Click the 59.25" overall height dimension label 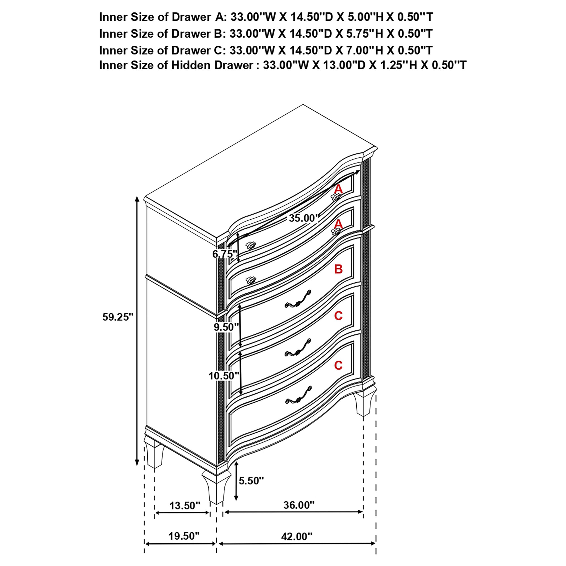tap(118, 317)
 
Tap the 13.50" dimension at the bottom tap(185, 506)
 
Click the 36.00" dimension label tap(299, 505)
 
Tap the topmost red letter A tap(338, 189)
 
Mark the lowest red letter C tap(338, 365)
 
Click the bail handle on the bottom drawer tap(298, 396)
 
